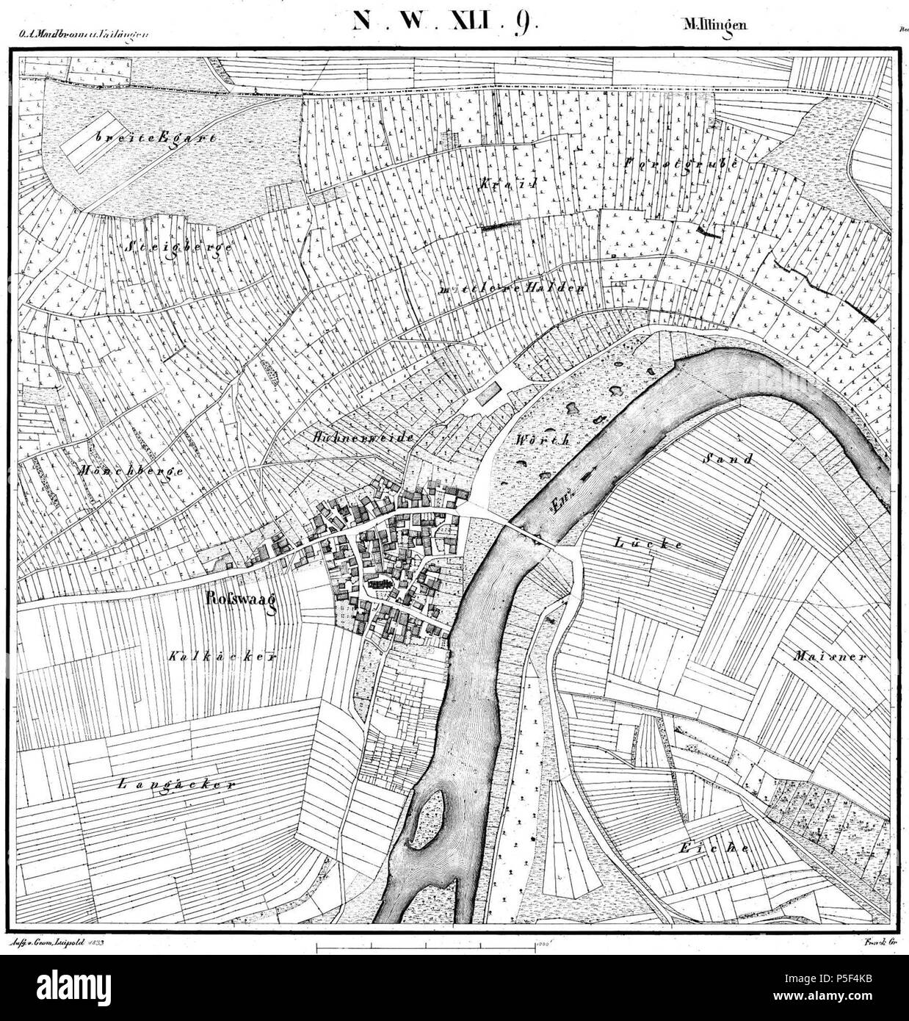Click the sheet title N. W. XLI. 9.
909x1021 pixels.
click(445, 20)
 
